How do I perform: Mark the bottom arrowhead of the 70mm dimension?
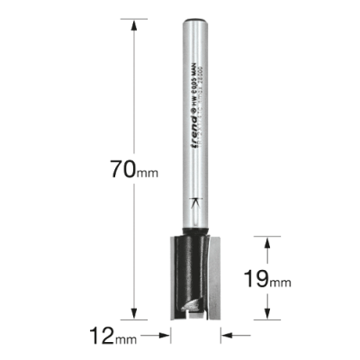pos(135,316)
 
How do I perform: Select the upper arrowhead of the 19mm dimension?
pos(265,241)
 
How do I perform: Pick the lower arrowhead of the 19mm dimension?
pos(265,315)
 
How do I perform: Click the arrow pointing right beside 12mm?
pos(166,338)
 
